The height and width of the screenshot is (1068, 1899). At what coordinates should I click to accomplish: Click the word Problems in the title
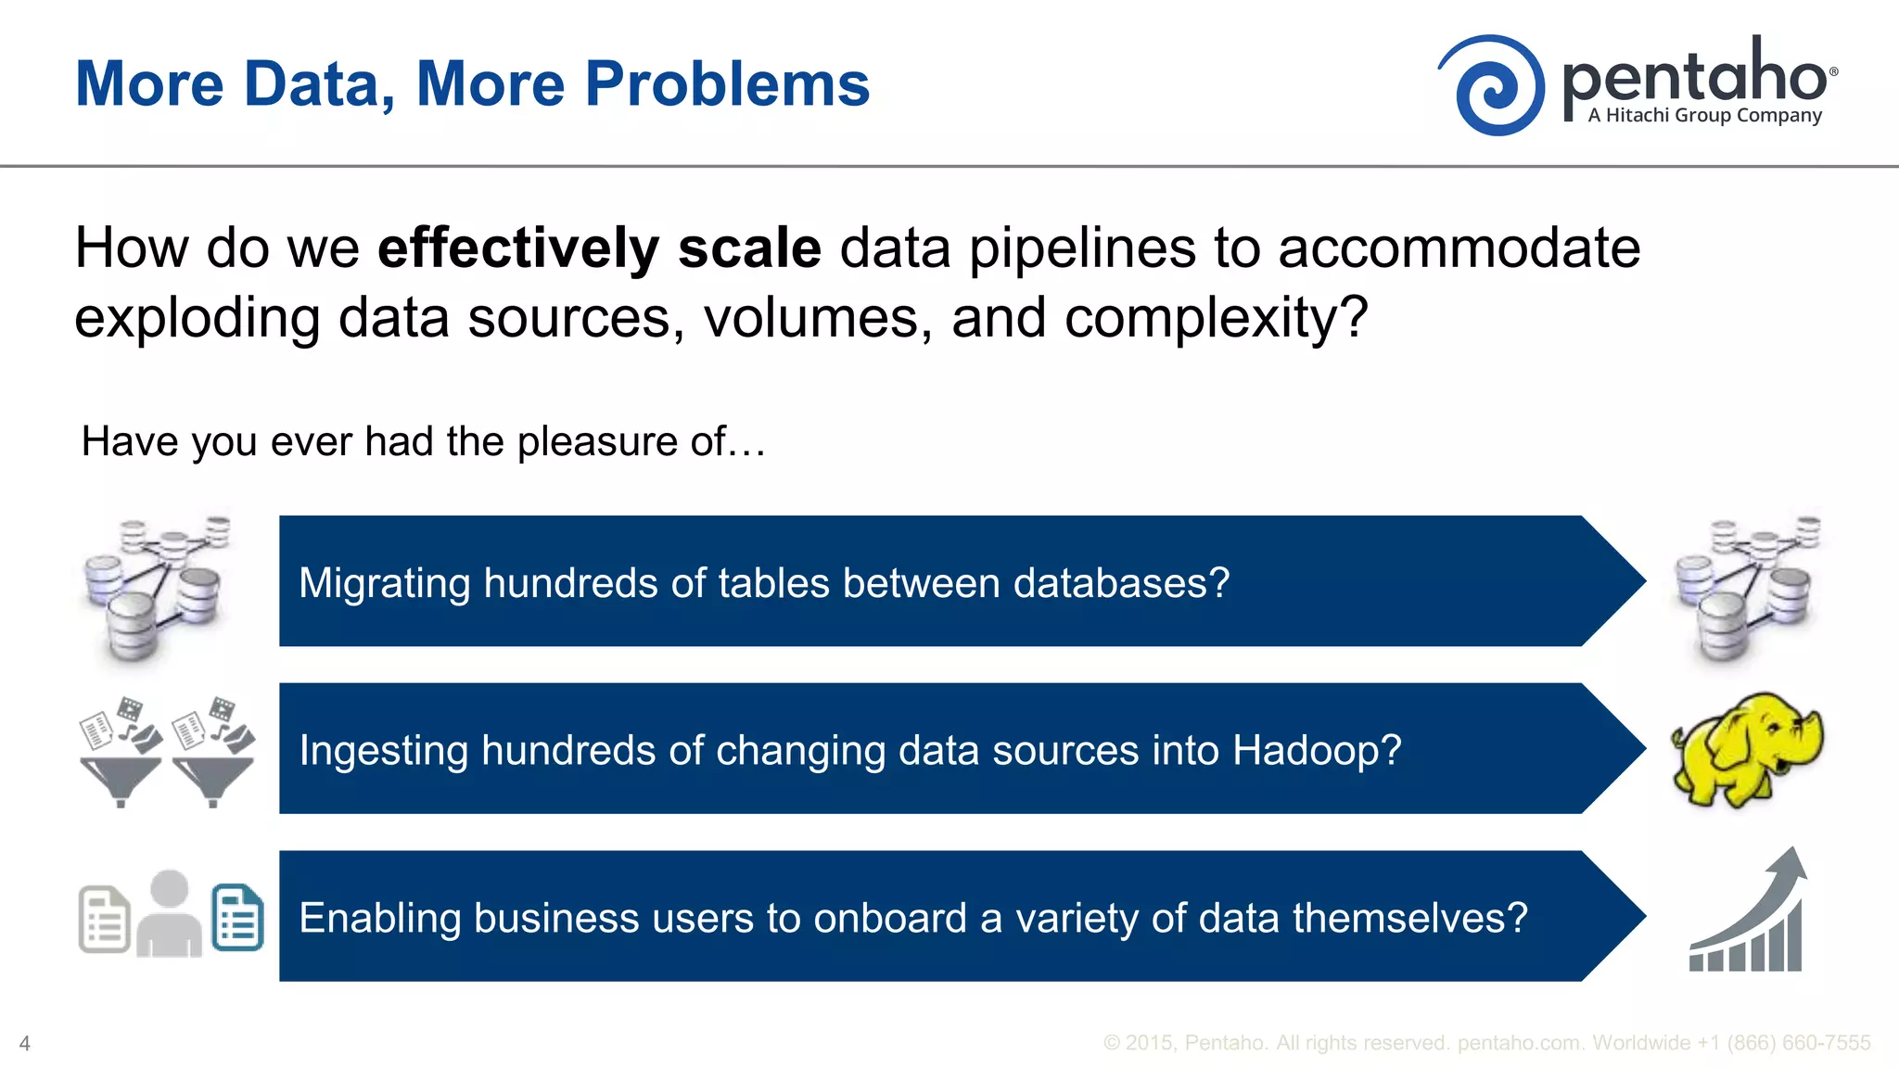pos(727,84)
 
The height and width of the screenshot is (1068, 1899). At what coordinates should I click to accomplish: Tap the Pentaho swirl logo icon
pos(1493,86)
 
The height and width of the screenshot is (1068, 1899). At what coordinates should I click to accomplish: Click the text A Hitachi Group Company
pos(1704,116)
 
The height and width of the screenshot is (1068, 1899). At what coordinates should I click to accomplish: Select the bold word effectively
pos(517,248)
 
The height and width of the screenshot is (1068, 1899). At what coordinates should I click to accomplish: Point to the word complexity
pos(1202,318)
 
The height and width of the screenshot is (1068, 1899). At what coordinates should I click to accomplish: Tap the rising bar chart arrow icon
pos(1748,913)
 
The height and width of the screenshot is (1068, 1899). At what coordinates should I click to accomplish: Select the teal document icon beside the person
pos(237,918)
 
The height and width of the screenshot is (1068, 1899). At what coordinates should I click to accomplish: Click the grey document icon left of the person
pos(104,920)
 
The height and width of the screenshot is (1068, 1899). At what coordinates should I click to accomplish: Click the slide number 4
pos(25,1044)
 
